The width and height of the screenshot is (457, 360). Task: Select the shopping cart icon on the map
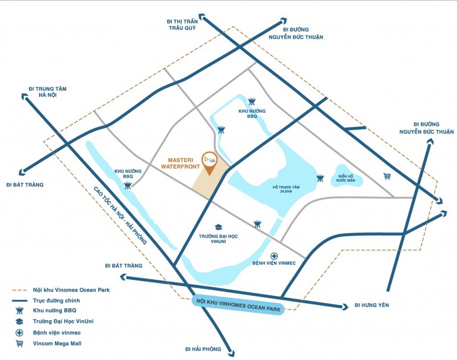coord(387,176)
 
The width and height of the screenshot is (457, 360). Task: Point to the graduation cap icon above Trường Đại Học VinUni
coord(218,227)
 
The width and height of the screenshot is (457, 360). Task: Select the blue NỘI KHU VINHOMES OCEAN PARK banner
coord(239,305)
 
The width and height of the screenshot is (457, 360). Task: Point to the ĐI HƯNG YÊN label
coord(371,305)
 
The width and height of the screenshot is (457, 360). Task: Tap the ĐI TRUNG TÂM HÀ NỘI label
coord(48,92)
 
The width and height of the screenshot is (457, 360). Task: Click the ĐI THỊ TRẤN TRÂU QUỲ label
coord(182,25)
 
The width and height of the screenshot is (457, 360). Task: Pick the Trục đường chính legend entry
coord(56,300)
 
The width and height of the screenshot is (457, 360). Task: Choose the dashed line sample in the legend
coord(19,290)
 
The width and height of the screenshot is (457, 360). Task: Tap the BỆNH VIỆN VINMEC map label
coord(274,263)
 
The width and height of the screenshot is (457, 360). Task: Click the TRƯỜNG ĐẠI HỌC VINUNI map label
coord(218,239)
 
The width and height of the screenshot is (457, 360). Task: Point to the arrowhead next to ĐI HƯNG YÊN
coord(345,306)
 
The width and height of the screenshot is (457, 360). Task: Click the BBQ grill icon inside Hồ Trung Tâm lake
coord(320,178)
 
